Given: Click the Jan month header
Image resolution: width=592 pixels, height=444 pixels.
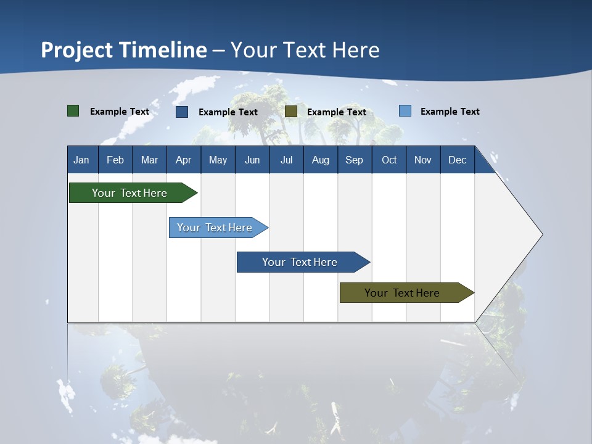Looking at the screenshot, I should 82,160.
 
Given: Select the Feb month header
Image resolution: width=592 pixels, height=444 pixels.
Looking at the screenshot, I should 115,160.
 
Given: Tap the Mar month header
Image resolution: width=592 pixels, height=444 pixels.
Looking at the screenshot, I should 149,160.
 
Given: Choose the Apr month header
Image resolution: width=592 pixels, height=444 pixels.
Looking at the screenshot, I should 183,160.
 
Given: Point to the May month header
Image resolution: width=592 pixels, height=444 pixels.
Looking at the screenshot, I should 218,160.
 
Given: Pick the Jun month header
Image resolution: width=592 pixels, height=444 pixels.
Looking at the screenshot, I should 252,160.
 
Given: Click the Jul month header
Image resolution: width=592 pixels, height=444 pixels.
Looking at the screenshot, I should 286,160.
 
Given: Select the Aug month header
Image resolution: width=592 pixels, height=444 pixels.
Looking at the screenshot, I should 321,160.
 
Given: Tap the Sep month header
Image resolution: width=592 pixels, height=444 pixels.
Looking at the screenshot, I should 355,160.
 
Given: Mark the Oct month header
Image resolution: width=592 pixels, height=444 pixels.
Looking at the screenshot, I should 389,160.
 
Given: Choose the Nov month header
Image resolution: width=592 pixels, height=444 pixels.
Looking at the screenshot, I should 423,160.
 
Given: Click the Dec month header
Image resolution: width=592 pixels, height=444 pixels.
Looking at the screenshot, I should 458,160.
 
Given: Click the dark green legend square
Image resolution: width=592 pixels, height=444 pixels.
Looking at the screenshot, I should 73,111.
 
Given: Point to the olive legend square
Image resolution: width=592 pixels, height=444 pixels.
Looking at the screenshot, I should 291,111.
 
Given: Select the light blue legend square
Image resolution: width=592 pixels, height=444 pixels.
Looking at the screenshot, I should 405,111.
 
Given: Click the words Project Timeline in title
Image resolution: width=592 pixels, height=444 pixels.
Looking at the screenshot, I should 124,50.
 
